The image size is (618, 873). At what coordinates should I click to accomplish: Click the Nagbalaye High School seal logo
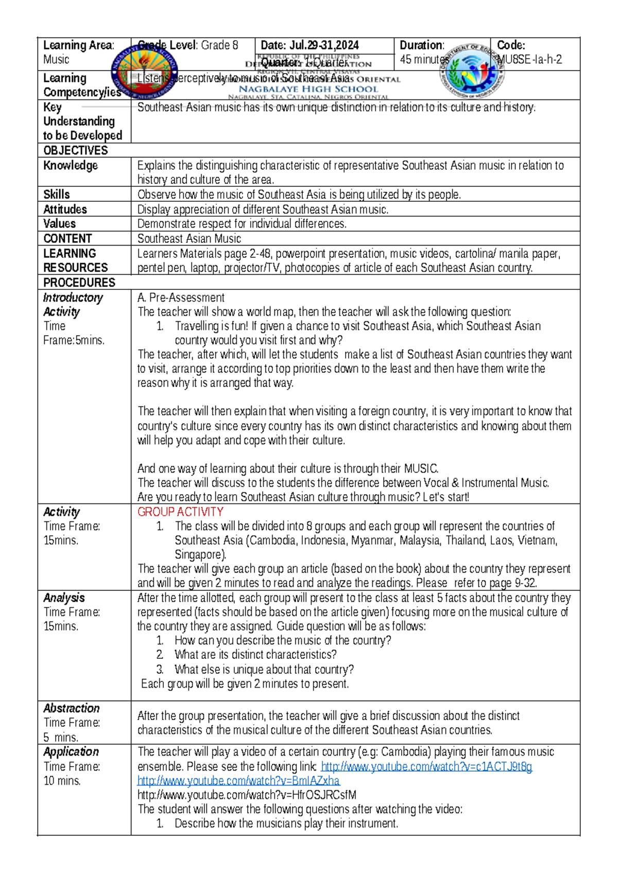point(145,71)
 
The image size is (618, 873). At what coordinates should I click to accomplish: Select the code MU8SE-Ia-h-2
point(529,60)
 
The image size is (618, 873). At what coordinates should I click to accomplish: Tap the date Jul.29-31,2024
point(325,45)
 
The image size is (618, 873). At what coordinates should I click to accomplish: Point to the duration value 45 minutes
point(424,60)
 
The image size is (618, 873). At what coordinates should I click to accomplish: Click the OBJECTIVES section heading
point(76,150)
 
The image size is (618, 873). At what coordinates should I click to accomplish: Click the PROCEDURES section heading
point(79,283)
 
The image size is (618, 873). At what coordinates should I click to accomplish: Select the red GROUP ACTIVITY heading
point(180,512)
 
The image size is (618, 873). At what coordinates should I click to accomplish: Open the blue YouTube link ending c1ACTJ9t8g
point(426,766)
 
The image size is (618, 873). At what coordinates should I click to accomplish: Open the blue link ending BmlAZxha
point(238,781)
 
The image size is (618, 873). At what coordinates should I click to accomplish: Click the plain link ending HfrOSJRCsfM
point(247,795)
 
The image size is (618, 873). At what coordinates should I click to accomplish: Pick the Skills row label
point(57,195)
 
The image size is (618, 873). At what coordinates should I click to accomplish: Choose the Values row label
point(60,224)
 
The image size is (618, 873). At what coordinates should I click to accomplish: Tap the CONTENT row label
point(67,239)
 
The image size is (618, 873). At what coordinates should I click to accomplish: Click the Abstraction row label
point(71,708)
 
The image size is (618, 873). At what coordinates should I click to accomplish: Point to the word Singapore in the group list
point(200,555)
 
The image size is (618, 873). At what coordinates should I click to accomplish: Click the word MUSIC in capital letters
point(421,469)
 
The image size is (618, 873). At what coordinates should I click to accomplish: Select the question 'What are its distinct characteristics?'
point(255,655)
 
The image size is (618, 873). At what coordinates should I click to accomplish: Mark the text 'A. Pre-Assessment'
point(181,298)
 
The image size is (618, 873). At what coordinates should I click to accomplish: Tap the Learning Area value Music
point(56,60)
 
